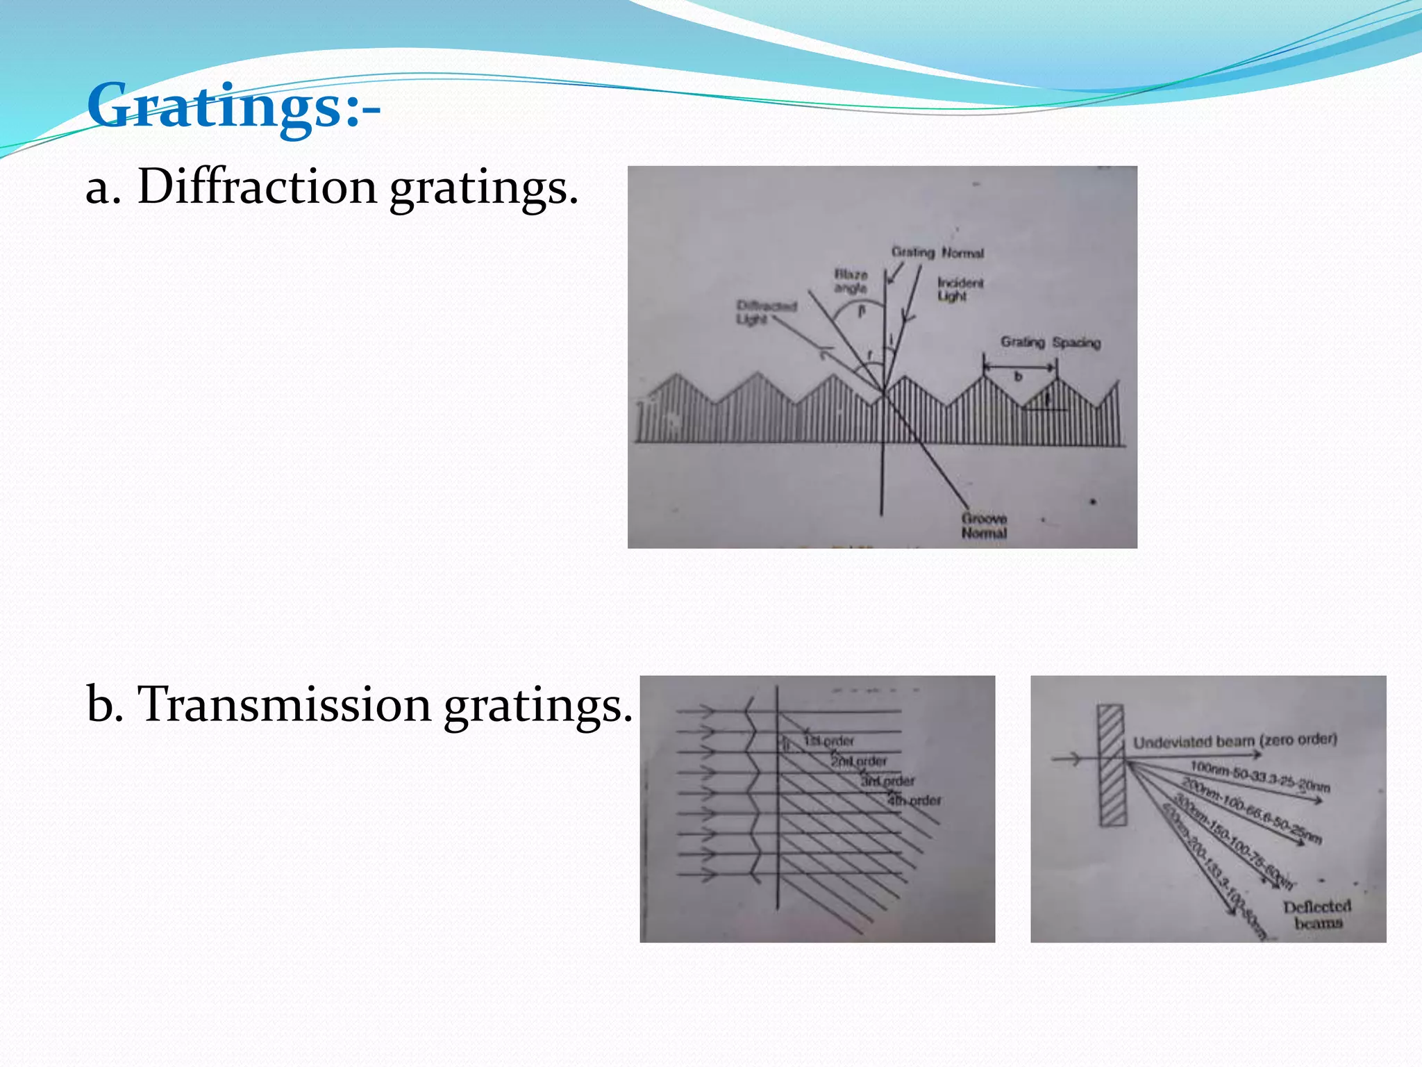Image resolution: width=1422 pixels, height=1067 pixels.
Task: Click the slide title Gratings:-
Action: tap(233, 106)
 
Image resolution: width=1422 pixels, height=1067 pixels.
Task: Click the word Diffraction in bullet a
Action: tap(256, 187)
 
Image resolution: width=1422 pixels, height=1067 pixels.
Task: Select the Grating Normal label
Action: tap(937, 252)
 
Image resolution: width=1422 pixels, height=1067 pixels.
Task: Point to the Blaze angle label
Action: tap(851, 281)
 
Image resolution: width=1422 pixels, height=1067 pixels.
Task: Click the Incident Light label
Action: tap(960, 289)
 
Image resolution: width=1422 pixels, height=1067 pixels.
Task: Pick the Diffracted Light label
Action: tap(765, 312)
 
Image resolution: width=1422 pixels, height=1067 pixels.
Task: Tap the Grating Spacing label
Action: tap(1050, 342)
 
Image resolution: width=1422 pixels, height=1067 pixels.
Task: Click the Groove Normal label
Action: tap(984, 526)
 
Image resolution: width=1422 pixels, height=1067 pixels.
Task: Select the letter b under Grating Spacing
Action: tap(1019, 377)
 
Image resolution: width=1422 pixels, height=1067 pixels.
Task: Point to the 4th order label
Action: tap(914, 800)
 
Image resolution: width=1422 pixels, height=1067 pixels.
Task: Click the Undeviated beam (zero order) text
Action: tap(1235, 741)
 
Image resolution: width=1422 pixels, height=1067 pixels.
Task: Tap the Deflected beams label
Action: tap(1317, 914)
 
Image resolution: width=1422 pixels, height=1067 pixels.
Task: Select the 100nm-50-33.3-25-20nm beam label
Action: tap(1260, 777)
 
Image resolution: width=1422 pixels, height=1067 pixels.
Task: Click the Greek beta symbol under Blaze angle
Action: tap(862, 311)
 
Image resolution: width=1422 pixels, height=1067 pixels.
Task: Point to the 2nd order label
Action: tap(859, 761)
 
